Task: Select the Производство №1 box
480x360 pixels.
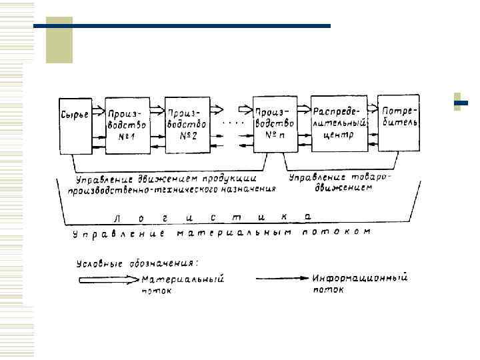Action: [127, 125]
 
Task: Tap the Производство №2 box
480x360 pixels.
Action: [187, 125]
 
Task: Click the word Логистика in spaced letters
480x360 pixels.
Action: [213, 217]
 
